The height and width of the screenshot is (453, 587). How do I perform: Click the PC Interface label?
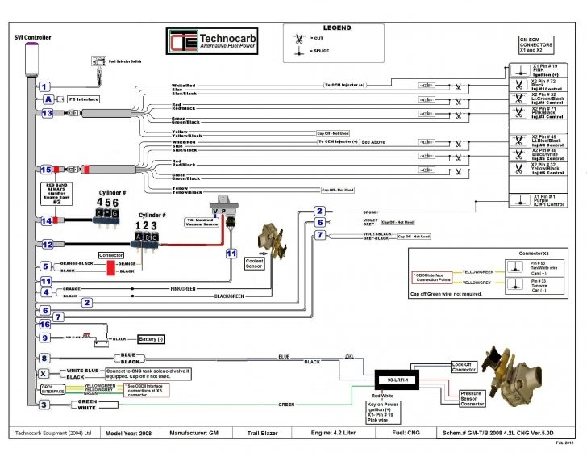(x=82, y=99)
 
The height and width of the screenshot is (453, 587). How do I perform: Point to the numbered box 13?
(x=47, y=114)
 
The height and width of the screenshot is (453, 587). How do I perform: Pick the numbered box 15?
(x=47, y=170)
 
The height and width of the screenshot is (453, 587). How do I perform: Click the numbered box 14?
(x=47, y=220)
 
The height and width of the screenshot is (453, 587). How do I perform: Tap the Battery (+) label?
(x=152, y=339)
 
